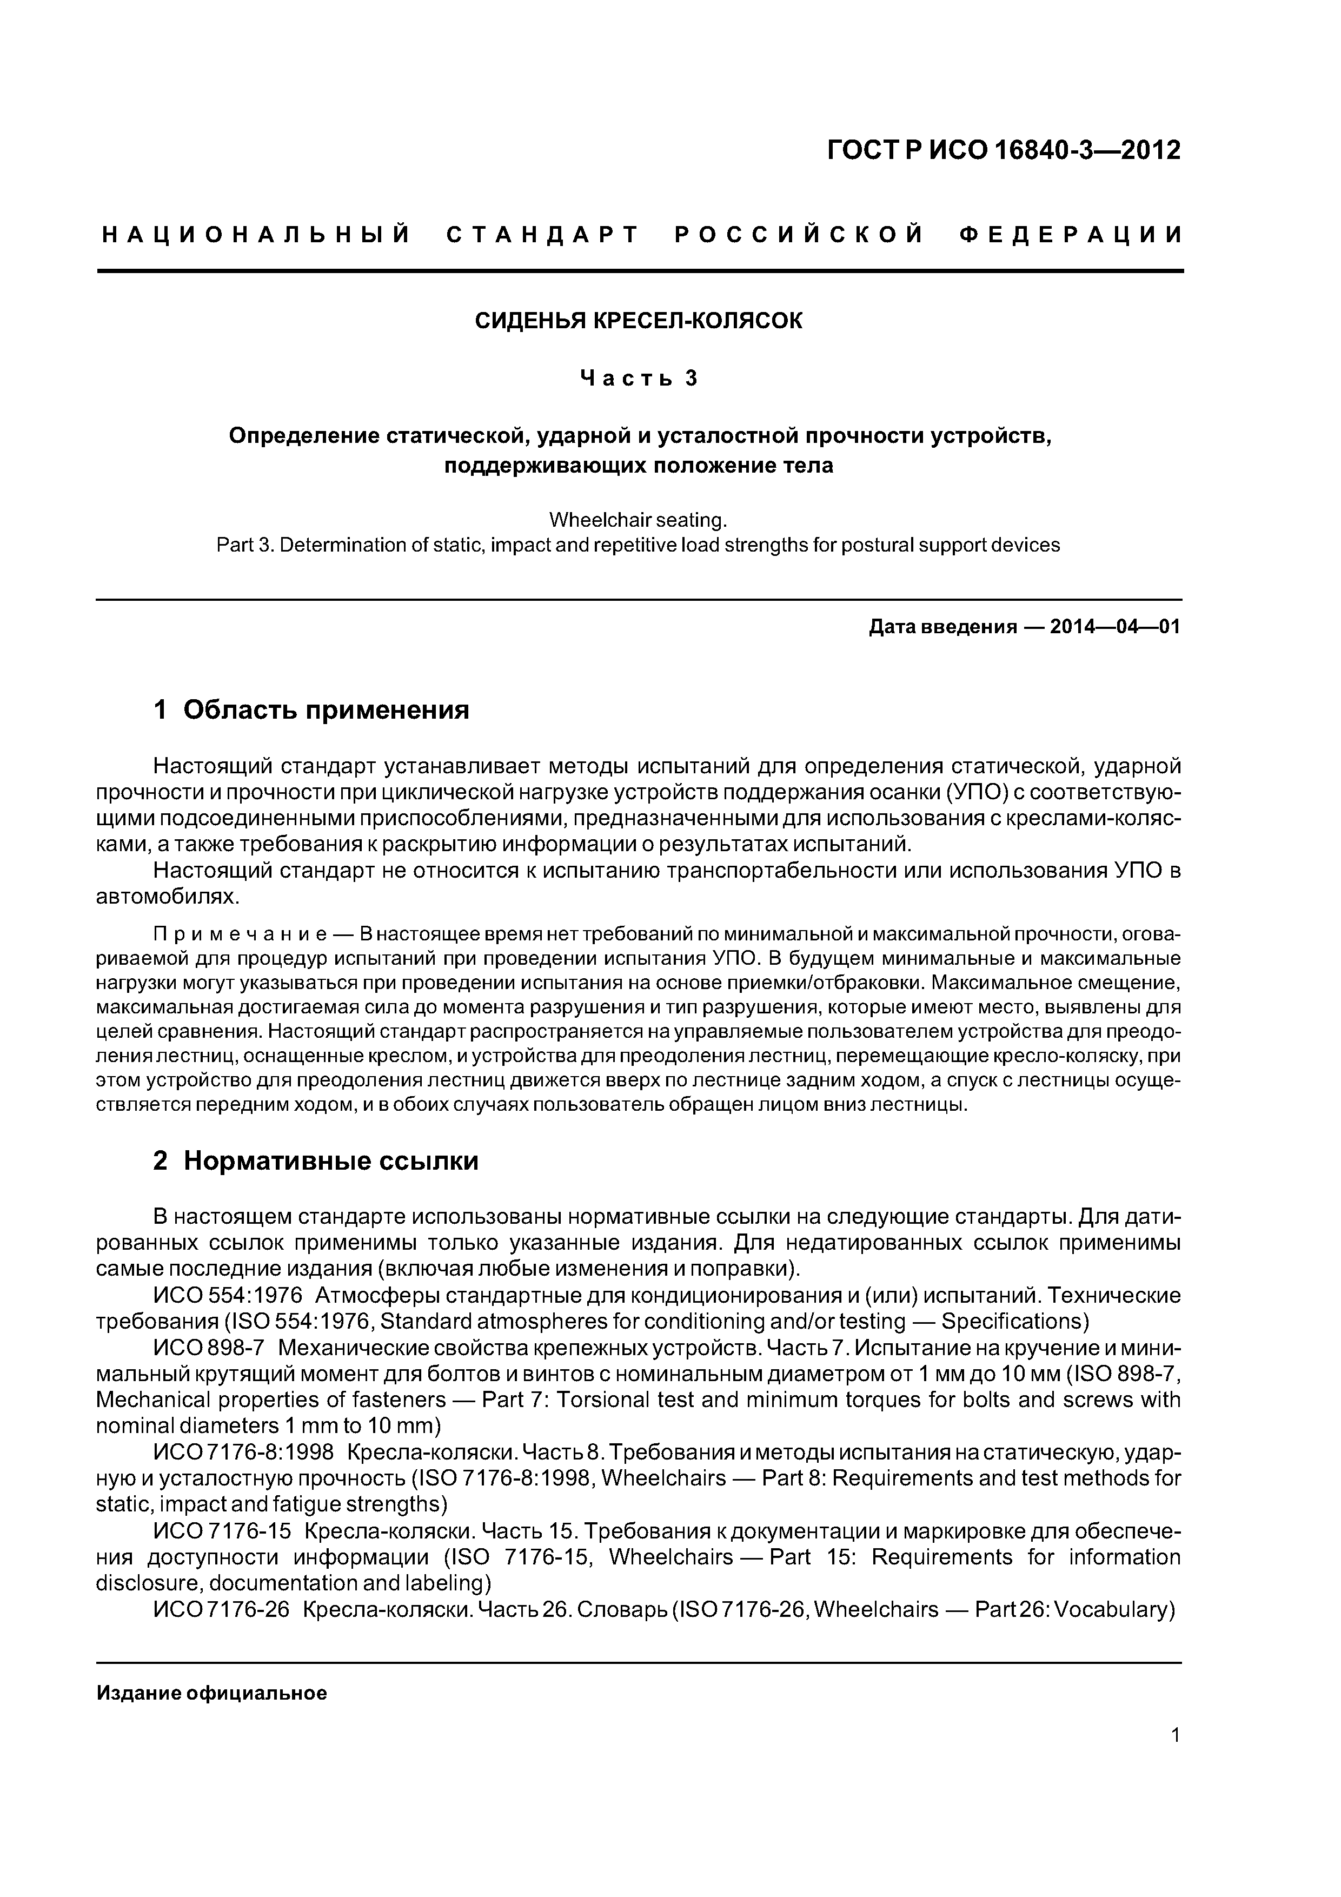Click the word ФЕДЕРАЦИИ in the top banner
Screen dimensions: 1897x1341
tap(1071, 235)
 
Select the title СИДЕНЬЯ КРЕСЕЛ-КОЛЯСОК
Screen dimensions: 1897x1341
tap(639, 321)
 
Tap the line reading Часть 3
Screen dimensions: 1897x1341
tap(639, 379)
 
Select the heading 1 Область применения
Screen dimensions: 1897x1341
tap(311, 709)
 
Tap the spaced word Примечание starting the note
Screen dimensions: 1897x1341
tap(242, 934)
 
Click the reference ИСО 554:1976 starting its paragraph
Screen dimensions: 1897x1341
tap(228, 1295)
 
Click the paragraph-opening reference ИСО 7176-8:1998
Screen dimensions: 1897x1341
tap(244, 1452)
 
